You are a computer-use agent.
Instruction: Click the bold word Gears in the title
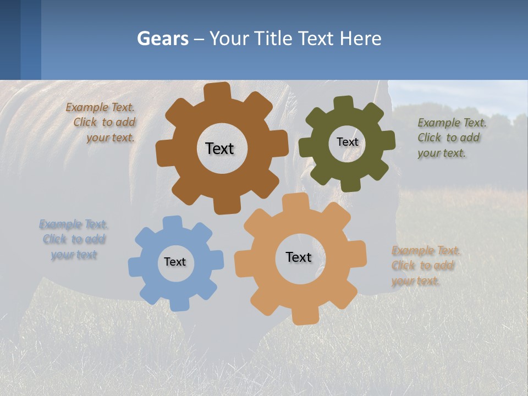[x=162, y=38]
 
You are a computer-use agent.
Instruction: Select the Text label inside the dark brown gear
[x=219, y=148]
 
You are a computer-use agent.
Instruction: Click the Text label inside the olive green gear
[x=347, y=142]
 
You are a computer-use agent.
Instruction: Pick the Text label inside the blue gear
[x=174, y=262]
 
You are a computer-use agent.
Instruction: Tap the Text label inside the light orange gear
[x=299, y=257]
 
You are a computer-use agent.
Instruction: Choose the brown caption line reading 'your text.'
[x=110, y=137]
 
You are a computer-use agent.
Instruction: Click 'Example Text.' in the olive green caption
[x=452, y=123]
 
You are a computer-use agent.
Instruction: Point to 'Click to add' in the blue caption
[x=74, y=239]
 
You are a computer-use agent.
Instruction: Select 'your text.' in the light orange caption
[x=416, y=280]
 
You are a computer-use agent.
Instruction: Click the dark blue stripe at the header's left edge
[x=10, y=40]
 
